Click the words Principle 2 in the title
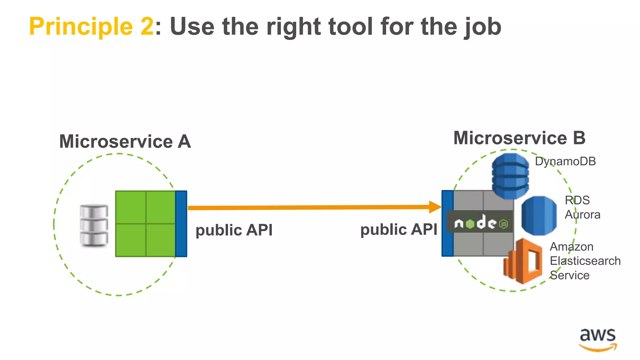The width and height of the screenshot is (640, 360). click(91, 27)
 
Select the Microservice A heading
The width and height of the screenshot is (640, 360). click(125, 142)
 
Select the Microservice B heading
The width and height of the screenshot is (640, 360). click(519, 138)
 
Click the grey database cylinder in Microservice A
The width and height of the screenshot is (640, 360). click(94, 225)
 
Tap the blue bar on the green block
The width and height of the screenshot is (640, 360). click(181, 224)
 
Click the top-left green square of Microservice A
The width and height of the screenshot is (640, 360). click(131, 207)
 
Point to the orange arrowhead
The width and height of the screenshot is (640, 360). click(435, 207)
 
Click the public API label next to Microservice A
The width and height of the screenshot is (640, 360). click(234, 230)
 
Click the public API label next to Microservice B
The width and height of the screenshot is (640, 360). click(399, 230)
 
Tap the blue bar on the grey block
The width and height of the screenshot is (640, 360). click(447, 224)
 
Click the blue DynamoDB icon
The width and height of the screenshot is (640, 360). click(510, 176)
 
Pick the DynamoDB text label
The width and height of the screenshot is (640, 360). click(565, 162)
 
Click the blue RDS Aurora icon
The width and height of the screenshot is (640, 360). click(539, 216)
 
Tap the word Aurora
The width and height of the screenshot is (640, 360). click(582, 215)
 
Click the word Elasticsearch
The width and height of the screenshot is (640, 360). click(585, 261)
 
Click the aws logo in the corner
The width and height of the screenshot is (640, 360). click(597, 340)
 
